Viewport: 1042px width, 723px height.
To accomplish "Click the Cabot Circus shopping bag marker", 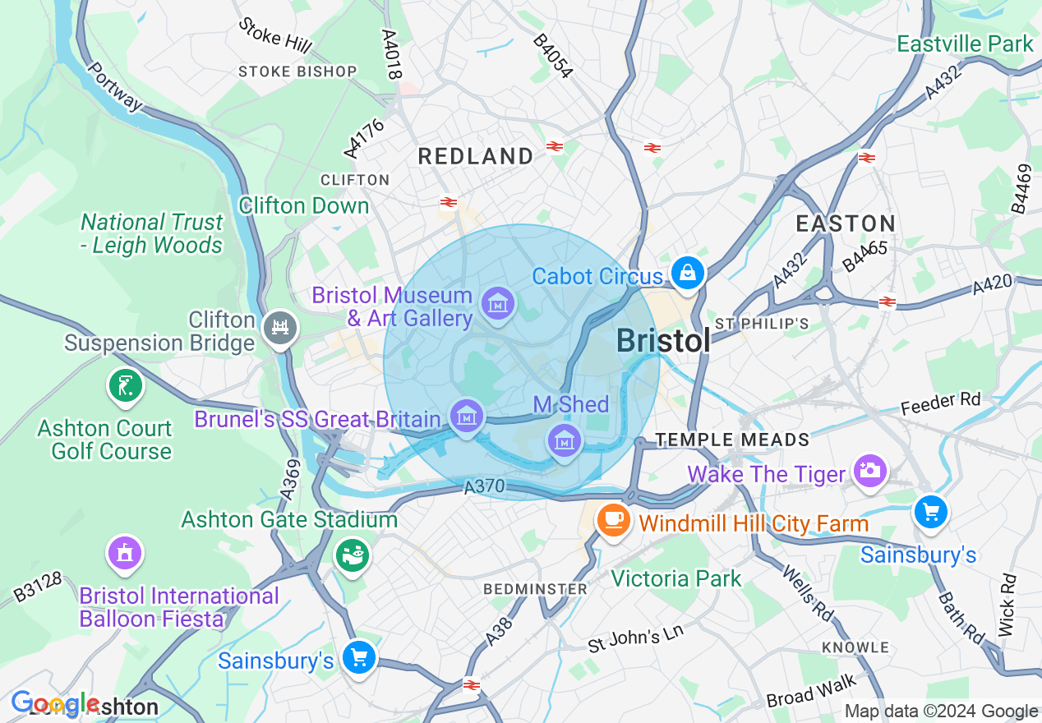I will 687,273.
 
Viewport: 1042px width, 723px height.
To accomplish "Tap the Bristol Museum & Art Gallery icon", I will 497,304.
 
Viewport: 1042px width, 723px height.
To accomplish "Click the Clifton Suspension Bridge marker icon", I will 279,328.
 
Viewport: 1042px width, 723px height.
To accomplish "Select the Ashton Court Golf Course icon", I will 125,385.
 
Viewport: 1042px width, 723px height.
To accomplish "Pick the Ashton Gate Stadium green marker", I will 353,556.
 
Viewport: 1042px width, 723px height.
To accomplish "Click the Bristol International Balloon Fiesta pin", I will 124,554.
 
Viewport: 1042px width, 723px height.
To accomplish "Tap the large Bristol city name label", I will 662,340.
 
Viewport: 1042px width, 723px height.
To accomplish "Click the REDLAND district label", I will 476,156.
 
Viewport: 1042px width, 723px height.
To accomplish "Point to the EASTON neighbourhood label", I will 846,223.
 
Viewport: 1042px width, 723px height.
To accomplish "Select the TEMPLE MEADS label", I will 732,440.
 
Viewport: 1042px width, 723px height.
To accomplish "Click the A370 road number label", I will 483,487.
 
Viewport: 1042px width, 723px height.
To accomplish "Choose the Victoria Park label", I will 676,578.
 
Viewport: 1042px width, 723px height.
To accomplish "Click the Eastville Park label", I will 965,44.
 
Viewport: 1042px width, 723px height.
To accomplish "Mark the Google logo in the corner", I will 55,703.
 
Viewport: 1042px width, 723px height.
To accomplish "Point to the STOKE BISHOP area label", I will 297,71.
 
